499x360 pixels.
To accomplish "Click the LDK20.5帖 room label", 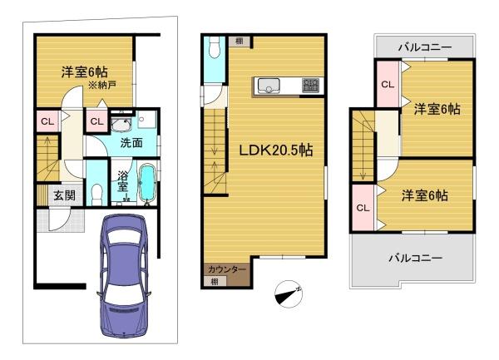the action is coord(276,150).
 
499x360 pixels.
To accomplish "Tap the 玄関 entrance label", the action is coord(65,195).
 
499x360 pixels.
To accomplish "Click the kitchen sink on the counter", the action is coord(269,86).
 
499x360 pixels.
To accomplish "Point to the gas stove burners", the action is coord(310,86).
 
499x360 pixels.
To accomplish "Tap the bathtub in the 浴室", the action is coord(147,183).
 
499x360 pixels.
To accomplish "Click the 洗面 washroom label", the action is coord(131,143).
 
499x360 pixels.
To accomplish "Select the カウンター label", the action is coord(227,269).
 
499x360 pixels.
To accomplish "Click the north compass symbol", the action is coord(289,293).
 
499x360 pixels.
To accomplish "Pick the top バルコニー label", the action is coord(425,47).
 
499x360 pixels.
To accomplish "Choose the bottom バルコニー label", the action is coord(416,258).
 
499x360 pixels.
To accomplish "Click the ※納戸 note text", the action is coord(102,85).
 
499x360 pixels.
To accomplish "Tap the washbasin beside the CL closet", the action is coord(121,124).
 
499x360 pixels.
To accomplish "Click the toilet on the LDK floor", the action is coord(215,47).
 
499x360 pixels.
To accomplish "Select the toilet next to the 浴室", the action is coord(96,194).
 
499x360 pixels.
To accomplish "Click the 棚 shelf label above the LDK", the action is coord(240,41).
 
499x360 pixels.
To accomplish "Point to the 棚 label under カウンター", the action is coord(215,282).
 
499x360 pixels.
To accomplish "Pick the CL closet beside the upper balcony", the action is coord(388,85).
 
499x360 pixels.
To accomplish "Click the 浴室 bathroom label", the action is coord(122,181).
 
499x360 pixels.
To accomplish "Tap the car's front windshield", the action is coord(124,237).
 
